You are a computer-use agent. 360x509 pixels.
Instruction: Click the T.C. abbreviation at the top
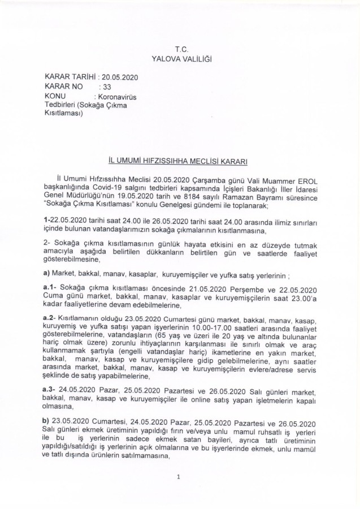[181, 50]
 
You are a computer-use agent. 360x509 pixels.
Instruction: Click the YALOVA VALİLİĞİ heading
[181, 59]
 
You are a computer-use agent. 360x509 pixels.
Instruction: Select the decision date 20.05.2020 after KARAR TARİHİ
[120, 77]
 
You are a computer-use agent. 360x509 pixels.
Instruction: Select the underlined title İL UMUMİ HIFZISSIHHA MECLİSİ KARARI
[180, 162]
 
